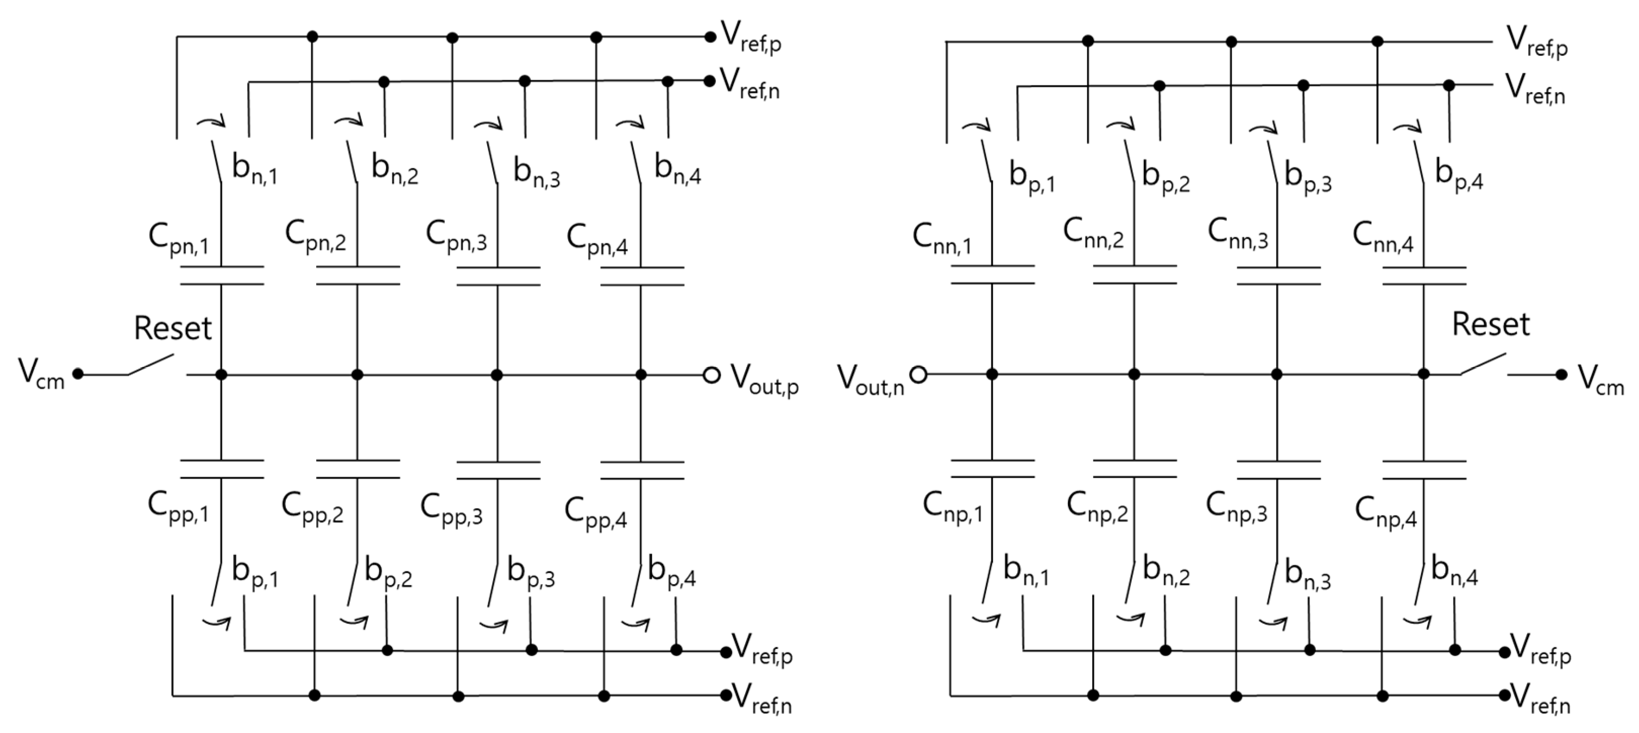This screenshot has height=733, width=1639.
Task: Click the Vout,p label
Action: (x=763, y=379)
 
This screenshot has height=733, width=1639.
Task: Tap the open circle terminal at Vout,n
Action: (x=918, y=375)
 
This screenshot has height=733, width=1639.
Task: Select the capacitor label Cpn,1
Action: (x=178, y=239)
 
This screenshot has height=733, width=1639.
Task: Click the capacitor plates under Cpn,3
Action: (x=498, y=276)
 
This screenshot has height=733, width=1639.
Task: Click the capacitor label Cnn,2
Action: (x=1093, y=234)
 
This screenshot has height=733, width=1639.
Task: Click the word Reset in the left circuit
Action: (x=172, y=328)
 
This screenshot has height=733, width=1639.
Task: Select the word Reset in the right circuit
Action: (x=1490, y=324)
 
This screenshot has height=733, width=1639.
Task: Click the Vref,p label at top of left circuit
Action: (x=750, y=37)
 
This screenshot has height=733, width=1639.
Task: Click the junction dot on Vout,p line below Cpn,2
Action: (x=357, y=375)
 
